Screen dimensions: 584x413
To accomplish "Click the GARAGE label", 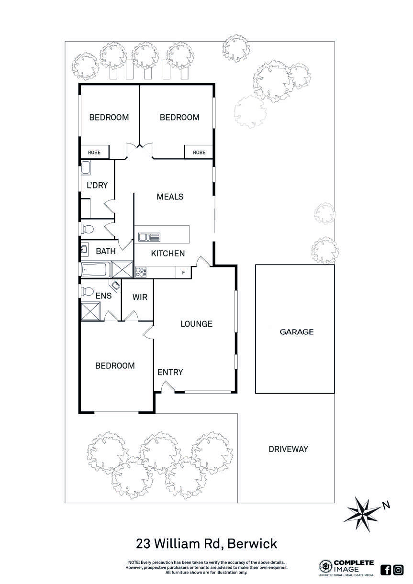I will [x=297, y=331].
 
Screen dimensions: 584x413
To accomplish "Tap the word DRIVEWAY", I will [x=288, y=449].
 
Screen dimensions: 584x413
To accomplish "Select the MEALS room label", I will [x=170, y=197].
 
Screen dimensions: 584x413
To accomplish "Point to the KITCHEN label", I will [x=167, y=253].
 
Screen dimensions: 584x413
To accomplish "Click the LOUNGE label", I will [x=196, y=324].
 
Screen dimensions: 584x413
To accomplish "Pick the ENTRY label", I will [x=170, y=372].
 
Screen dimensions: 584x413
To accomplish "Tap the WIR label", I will [x=140, y=297].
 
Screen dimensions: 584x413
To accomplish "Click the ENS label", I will [x=103, y=296].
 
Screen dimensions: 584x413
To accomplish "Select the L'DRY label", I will [x=97, y=186].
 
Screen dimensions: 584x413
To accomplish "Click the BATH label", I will [x=106, y=251].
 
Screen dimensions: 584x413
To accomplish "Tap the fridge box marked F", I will [x=183, y=273].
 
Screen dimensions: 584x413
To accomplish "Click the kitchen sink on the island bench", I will [x=149, y=236].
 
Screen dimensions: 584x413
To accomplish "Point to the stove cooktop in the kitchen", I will [x=141, y=272].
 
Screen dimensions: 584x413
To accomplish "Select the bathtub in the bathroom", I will [x=96, y=270].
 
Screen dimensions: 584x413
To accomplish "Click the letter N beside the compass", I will [x=386, y=505].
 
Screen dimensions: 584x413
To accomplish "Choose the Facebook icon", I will [x=386, y=570].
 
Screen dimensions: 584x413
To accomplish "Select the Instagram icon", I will [x=398, y=570].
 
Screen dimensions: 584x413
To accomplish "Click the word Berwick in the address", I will [x=252, y=544].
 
